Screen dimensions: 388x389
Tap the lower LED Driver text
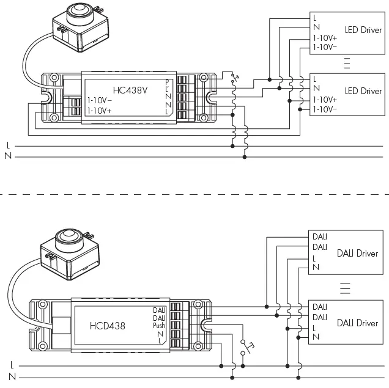point(363,91)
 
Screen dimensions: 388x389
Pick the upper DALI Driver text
point(357,253)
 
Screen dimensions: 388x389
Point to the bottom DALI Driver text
point(357,323)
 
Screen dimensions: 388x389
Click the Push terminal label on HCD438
point(159,326)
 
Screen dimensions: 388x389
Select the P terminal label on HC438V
point(167,82)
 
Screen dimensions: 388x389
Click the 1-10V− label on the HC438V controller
point(100,100)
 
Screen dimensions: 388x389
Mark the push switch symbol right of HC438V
point(231,77)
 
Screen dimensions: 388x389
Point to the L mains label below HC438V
point(8,146)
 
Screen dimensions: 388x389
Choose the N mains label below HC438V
point(8,156)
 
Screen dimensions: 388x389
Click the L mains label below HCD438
point(12,365)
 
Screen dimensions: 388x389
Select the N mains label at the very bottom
point(12,375)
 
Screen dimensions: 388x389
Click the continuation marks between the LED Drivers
point(347,62)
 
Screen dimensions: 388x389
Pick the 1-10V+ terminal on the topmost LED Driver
point(325,38)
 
